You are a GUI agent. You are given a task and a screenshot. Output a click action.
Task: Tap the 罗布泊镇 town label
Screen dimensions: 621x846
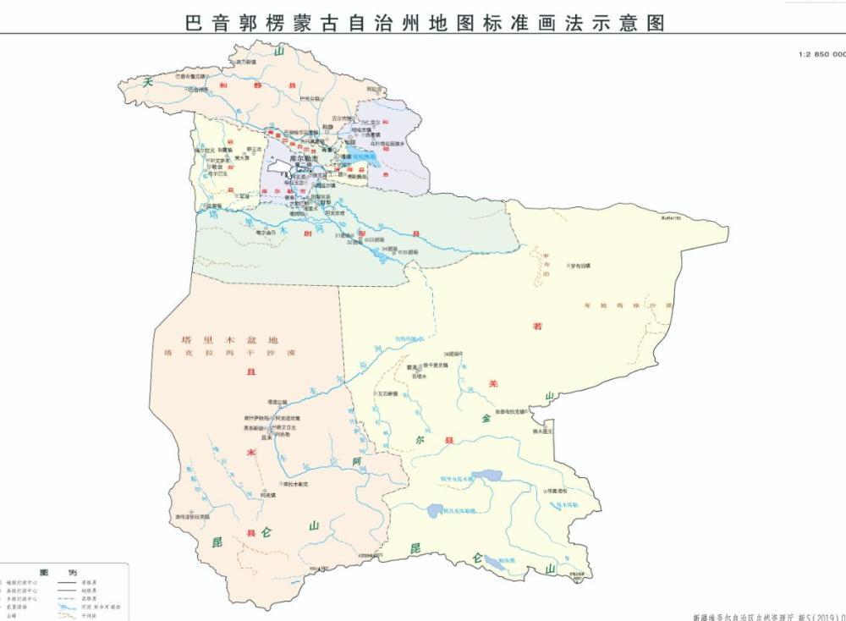point(581,266)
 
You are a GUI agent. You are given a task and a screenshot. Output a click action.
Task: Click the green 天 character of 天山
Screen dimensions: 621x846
point(150,81)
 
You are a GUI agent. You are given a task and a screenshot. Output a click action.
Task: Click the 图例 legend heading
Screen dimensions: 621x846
point(64,573)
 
